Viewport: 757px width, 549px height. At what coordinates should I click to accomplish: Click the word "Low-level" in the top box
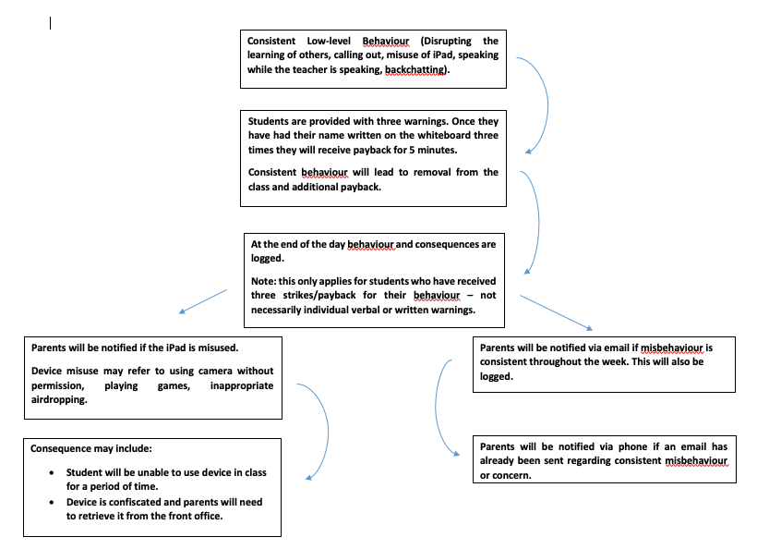(x=327, y=41)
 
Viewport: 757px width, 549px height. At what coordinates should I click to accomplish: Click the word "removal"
(x=426, y=172)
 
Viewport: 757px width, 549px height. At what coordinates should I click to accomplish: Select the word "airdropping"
(x=59, y=399)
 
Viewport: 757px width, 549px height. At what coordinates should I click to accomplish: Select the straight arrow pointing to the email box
(x=556, y=312)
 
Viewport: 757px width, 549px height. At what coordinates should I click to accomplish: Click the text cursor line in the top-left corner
(x=50, y=23)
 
